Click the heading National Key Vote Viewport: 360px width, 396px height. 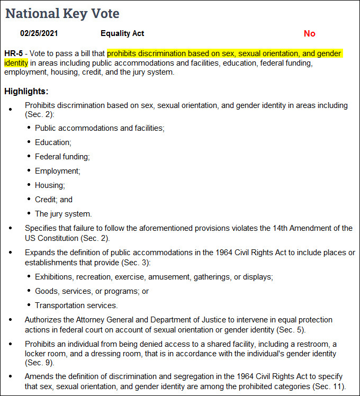coord(62,13)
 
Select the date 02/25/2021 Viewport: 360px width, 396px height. coord(39,33)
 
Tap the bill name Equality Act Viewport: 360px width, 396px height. coord(122,33)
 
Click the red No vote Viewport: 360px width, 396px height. coord(309,34)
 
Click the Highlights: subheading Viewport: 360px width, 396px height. coord(26,92)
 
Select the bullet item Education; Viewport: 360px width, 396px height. coord(53,142)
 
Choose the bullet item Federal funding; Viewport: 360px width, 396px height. coord(62,157)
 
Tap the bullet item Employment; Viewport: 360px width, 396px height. coord(58,171)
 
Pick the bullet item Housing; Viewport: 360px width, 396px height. coord(50,185)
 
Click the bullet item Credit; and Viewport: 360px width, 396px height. coord(53,200)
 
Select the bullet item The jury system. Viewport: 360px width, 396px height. coord(64,214)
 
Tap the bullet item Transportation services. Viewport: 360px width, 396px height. coord(76,305)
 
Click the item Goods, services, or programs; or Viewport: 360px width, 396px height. coord(92,291)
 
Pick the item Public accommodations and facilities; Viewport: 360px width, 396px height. coord(100,128)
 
